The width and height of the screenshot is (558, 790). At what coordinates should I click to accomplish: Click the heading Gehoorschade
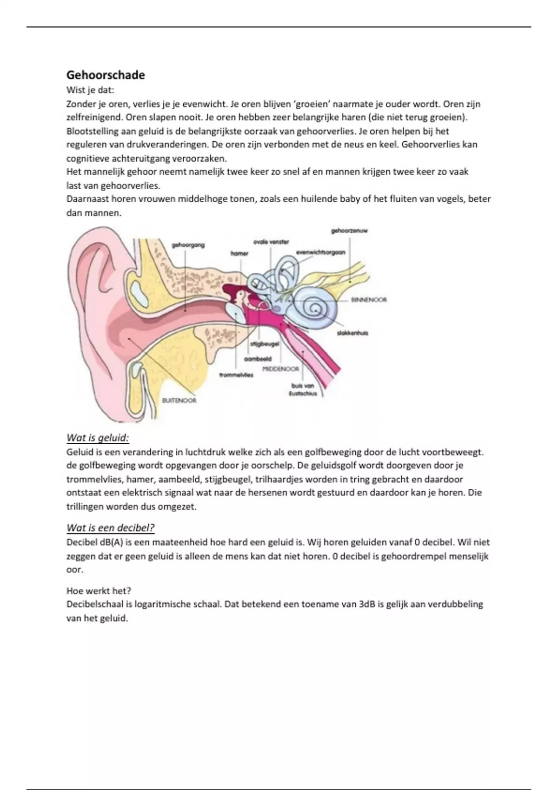coord(106,75)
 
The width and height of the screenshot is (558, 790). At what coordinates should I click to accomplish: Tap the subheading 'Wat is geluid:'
coord(98,438)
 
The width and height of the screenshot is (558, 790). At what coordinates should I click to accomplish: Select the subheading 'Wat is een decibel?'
coord(110,527)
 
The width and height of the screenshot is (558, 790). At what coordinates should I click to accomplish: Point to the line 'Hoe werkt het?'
coord(99,591)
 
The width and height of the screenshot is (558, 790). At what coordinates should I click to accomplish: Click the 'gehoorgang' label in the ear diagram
coord(188,245)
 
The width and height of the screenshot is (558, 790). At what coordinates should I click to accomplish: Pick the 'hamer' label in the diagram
coord(239,253)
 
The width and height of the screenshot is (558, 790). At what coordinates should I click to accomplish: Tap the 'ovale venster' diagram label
coord(271,242)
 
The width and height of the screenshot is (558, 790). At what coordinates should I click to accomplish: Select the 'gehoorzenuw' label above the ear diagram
coord(349,230)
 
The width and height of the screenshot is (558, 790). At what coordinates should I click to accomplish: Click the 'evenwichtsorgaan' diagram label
coord(320,252)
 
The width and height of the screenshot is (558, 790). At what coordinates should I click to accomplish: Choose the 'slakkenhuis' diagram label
coord(352,333)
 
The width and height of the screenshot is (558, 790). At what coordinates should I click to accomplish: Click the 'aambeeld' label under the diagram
coord(258,359)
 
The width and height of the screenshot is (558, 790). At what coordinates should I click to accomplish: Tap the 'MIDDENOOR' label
coord(280,369)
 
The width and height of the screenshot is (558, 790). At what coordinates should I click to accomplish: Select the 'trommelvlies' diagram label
coord(236,375)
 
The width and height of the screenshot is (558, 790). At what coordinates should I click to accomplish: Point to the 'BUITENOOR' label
coord(179,401)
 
